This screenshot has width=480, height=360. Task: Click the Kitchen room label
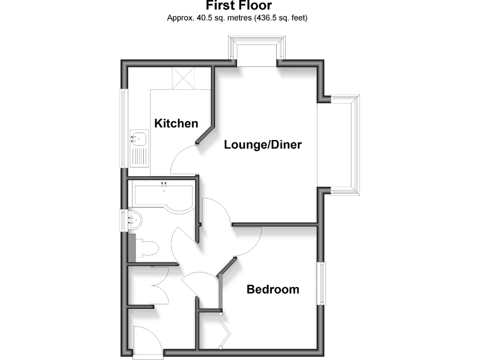point(176,123)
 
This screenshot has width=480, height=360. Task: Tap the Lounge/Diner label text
point(263,145)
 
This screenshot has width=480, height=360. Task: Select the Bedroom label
point(272,289)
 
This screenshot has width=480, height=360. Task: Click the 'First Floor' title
point(239,6)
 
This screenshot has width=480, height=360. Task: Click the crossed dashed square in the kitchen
point(184,79)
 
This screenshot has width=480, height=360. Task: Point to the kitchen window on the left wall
point(124,128)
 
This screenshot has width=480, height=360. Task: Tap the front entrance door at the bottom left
point(147,343)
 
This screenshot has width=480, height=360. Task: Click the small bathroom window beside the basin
point(124,219)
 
